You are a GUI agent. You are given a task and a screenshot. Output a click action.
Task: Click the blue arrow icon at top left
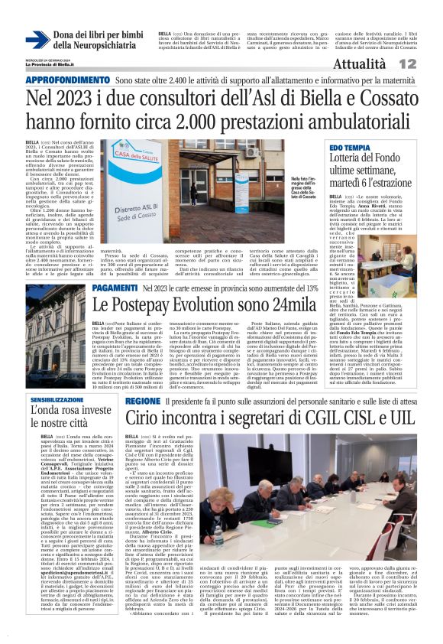coord(37,39)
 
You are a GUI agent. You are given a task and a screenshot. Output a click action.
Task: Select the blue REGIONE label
coord(143,400)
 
